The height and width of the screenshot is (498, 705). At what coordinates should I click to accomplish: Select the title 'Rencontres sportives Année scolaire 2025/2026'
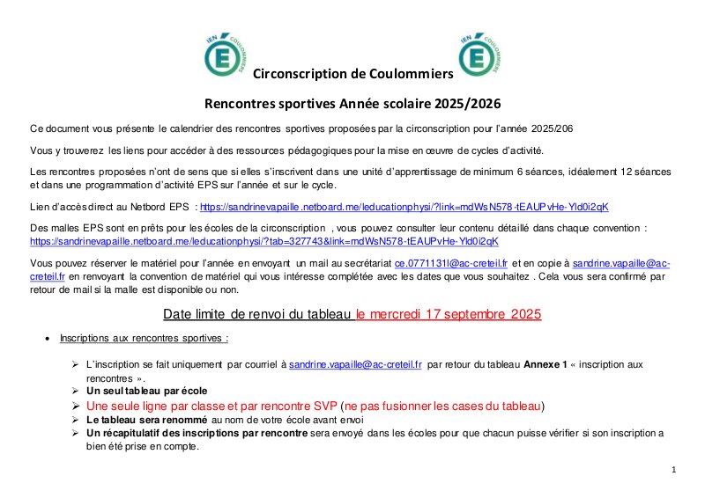coord(352,104)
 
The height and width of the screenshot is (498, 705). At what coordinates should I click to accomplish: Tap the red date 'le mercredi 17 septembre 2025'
coord(449,313)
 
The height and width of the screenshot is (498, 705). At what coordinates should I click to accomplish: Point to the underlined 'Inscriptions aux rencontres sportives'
coord(131,338)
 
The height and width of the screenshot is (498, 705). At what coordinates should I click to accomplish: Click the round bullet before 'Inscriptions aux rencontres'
coord(48,339)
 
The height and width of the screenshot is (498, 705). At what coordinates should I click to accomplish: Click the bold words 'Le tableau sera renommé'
coord(143,420)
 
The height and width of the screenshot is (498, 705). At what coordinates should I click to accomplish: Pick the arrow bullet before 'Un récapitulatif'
coord(76,433)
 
